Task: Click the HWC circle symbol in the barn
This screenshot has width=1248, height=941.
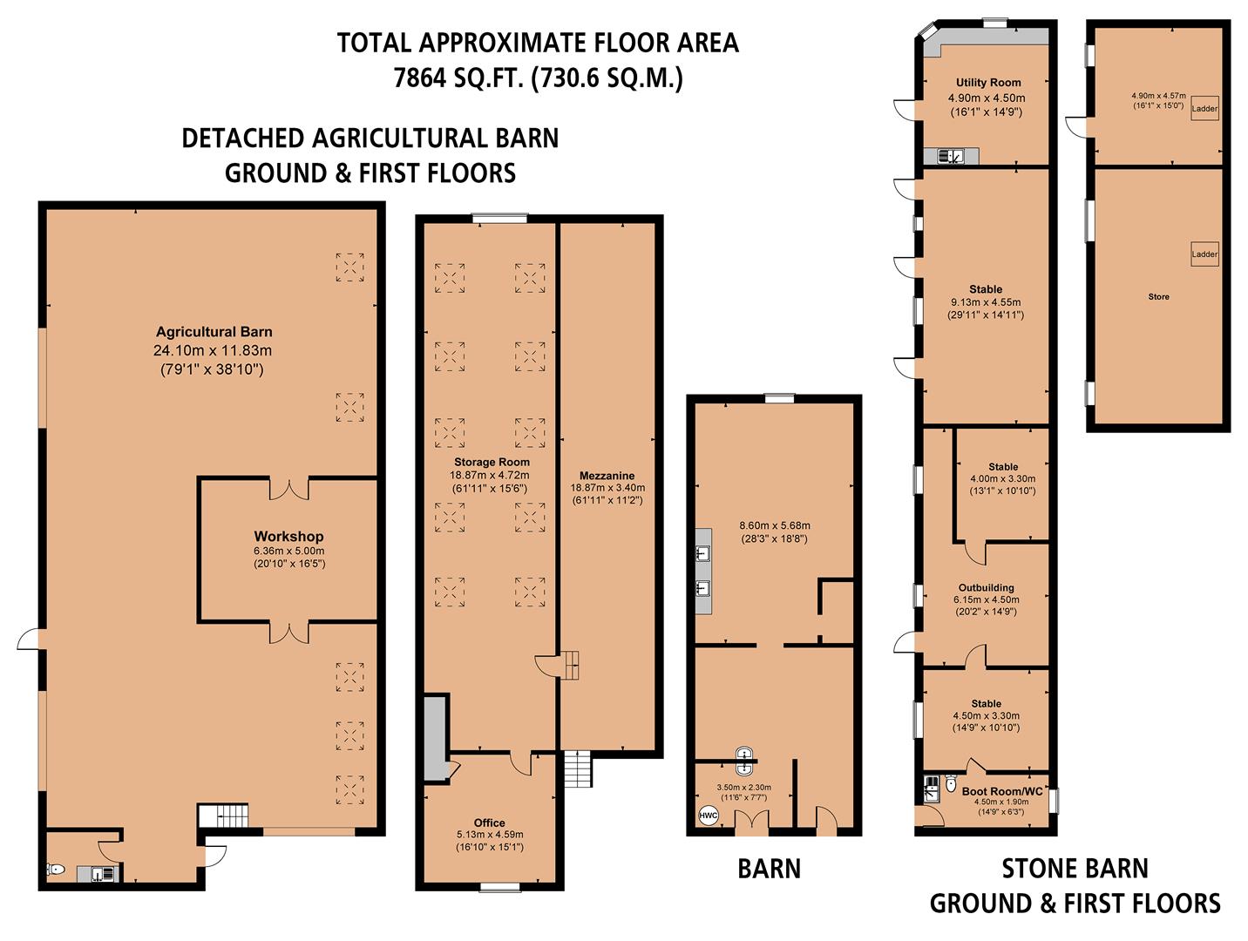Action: (708, 816)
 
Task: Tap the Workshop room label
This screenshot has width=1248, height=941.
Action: (288, 537)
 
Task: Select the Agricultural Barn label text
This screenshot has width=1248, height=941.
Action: (214, 332)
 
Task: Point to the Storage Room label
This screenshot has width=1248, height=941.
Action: (492, 463)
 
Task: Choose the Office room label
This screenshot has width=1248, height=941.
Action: (489, 823)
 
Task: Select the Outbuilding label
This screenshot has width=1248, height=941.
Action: (986, 588)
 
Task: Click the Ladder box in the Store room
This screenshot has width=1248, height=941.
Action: (1204, 254)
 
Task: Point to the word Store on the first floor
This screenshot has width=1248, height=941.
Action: (1158, 297)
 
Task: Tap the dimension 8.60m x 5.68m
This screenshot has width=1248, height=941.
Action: (774, 525)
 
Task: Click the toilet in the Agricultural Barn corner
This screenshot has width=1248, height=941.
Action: (56, 870)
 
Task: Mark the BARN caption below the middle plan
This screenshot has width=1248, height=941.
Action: (769, 869)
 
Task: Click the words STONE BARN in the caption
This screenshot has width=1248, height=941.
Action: (1075, 869)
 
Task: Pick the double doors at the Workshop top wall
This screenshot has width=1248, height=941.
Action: (288, 488)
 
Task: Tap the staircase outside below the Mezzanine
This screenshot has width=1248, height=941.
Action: (578, 769)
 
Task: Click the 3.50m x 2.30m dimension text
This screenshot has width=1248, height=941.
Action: (743, 787)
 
